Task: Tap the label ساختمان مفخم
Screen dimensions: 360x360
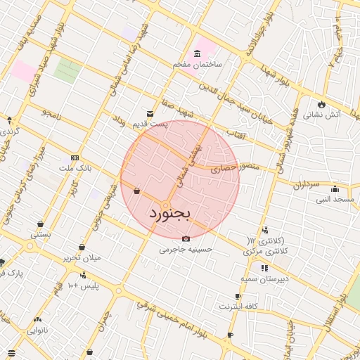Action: tap(198, 64)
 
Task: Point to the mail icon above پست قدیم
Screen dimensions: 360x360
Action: tap(150, 114)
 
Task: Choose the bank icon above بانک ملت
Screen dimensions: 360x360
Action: tap(75, 158)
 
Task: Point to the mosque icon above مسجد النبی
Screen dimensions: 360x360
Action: tap(335, 189)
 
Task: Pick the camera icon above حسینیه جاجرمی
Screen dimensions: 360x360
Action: tap(186, 238)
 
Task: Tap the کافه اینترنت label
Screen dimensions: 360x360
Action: tap(238, 307)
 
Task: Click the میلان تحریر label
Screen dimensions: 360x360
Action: tap(82, 257)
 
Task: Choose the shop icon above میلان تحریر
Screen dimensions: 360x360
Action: tap(83, 247)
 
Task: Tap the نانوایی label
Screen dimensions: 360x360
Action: tap(37, 329)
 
